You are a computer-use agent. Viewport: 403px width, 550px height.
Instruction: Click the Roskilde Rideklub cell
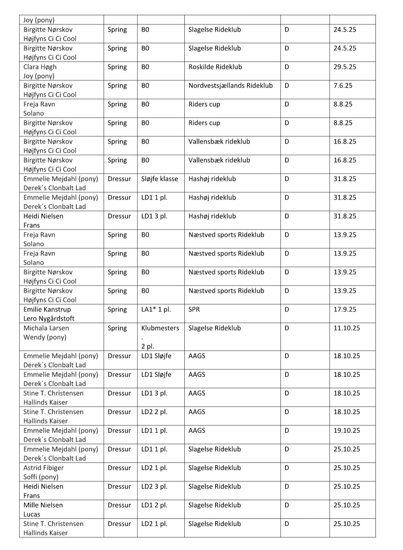click(x=215, y=67)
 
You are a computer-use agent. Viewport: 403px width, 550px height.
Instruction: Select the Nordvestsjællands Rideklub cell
click(x=230, y=86)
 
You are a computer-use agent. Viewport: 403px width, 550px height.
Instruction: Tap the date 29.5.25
click(x=344, y=67)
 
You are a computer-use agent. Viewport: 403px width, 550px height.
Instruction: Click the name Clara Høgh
click(x=40, y=67)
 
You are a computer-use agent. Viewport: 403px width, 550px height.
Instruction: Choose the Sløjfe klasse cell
click(x=159, y=179)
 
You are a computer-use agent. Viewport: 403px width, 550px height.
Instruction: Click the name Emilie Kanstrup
click(x=47, y=310)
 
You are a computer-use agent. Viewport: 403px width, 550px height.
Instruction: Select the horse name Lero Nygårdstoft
click(x=49, y=319)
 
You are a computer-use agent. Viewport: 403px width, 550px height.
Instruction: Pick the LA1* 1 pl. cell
click(x=156, y=310)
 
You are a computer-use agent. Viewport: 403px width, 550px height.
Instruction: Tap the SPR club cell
click(x=194, y=310)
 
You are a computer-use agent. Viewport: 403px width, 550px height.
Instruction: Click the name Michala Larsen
click(x=46, y=328)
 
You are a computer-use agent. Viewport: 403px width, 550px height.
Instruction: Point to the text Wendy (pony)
click(x=44, y=337)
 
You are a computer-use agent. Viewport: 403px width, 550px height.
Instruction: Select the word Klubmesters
click(x=160, y=328)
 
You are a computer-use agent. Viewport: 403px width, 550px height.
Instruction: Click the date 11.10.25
click(x=346, y=328)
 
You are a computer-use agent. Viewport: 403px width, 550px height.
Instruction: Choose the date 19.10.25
click(x=346, y=431)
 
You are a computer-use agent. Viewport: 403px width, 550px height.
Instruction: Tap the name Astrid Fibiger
click(x=43, y=468)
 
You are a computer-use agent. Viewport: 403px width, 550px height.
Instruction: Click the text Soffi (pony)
click(x=41, y=477)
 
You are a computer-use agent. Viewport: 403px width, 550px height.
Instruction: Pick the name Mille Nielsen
click(x=43, y=505)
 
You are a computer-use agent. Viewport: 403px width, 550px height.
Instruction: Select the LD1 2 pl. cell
click(x=154, y=505)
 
